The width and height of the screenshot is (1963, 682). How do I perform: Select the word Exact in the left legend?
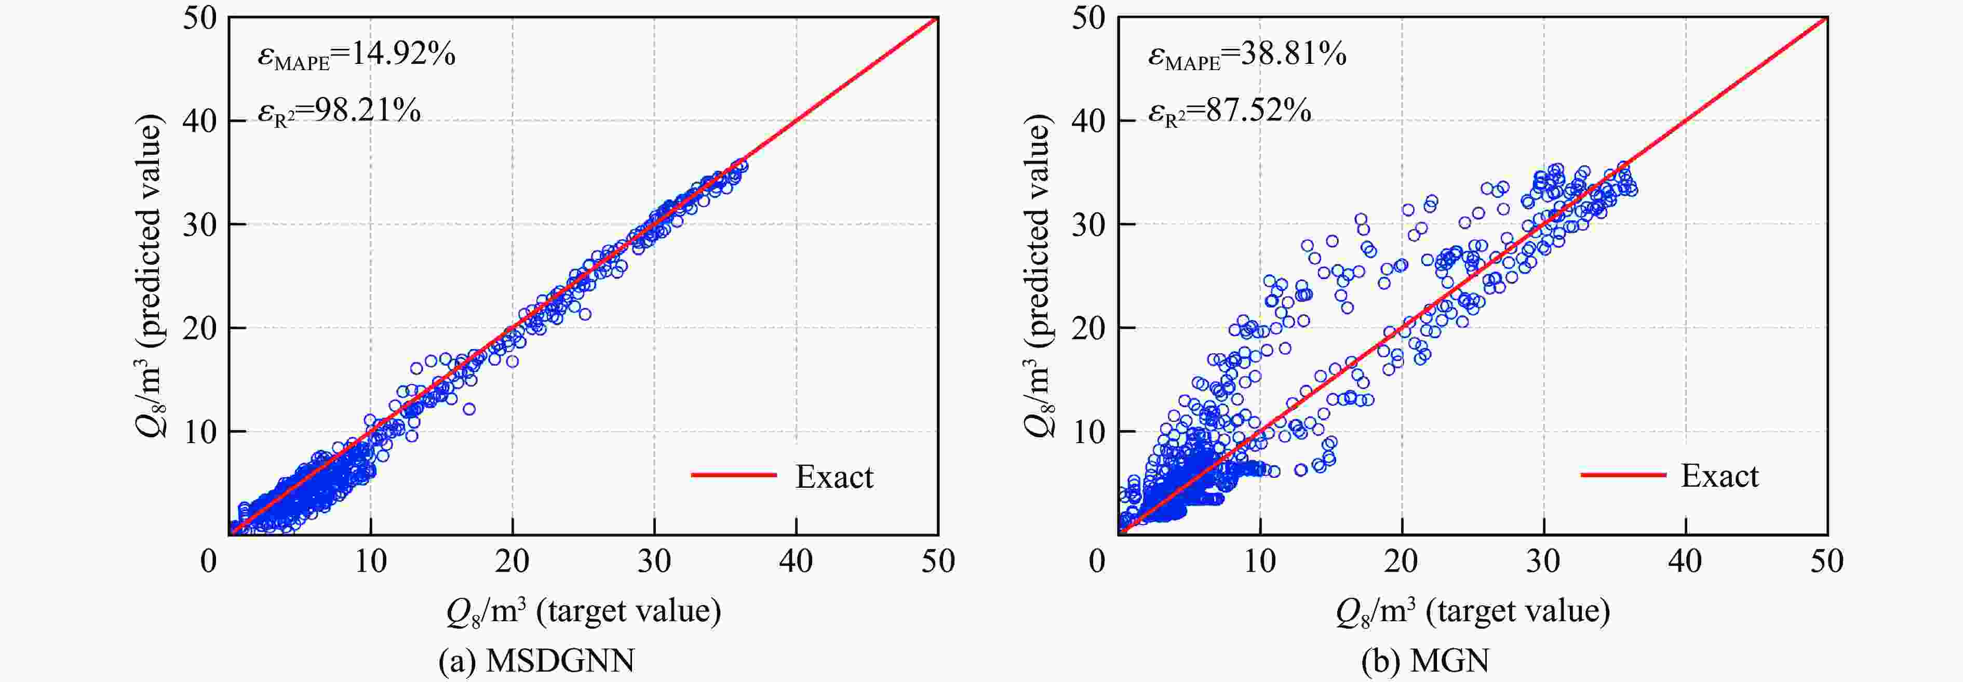click(835, 477)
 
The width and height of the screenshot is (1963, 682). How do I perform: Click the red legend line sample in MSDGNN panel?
click(733, 475)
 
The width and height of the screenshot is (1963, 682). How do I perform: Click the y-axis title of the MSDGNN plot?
click(150, 276)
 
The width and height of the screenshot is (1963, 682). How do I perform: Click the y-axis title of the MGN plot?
click(1038, 276)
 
